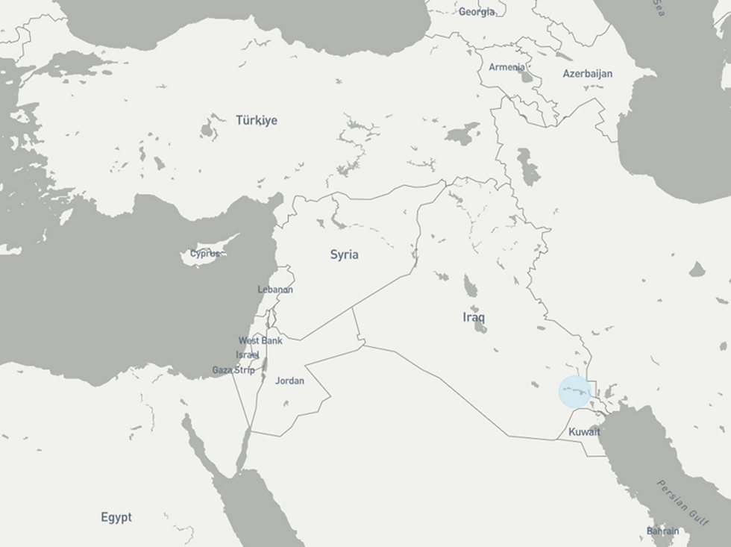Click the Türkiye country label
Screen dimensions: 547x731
[257, 120]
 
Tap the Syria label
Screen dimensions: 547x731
[344, 254]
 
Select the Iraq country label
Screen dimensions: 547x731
[474, 317]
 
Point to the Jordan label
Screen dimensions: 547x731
[289, 381]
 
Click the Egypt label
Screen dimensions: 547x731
[116, 516]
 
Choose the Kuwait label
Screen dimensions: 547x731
[584, 432]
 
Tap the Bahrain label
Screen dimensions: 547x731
[663, 531]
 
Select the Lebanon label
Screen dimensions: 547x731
[275, 290]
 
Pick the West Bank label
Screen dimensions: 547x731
[260, 340]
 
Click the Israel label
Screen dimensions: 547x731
[247, 354]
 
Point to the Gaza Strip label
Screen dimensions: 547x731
[233, 369]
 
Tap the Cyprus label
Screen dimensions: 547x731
[204, 253]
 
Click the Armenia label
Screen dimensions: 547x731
[506, 67]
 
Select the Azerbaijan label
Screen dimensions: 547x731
[588, 73]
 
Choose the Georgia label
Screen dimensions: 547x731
[476, 11]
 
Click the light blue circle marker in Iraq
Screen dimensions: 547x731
[575, 393]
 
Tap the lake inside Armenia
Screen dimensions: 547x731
[527, 75]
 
